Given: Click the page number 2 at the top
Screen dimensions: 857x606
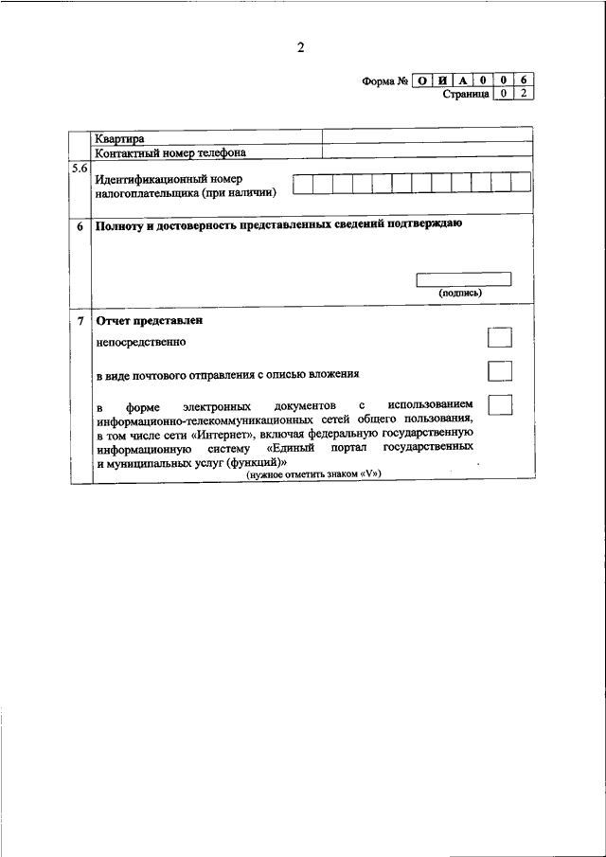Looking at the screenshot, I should (300, 48).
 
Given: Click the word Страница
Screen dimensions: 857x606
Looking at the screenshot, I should (466, 94).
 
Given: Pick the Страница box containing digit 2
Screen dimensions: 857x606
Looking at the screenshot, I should (523, 94).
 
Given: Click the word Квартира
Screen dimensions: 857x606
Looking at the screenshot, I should (119, 139).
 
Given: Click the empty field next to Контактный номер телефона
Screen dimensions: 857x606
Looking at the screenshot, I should (426, 152).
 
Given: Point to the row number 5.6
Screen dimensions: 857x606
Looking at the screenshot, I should (80, 169).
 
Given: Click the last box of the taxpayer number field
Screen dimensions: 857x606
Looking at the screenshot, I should (521, 183).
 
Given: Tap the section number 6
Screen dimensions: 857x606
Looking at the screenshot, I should (80, 227).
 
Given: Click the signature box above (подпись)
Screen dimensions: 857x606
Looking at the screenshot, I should (464, 278).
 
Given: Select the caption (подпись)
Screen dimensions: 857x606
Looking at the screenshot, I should (461, 293).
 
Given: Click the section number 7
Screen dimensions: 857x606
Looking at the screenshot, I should (80, 321).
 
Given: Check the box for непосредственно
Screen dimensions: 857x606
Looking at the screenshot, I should (499, 339).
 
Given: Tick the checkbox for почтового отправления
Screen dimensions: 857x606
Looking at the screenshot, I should (499, 371).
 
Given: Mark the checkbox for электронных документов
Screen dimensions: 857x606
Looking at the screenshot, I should (499, 404).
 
